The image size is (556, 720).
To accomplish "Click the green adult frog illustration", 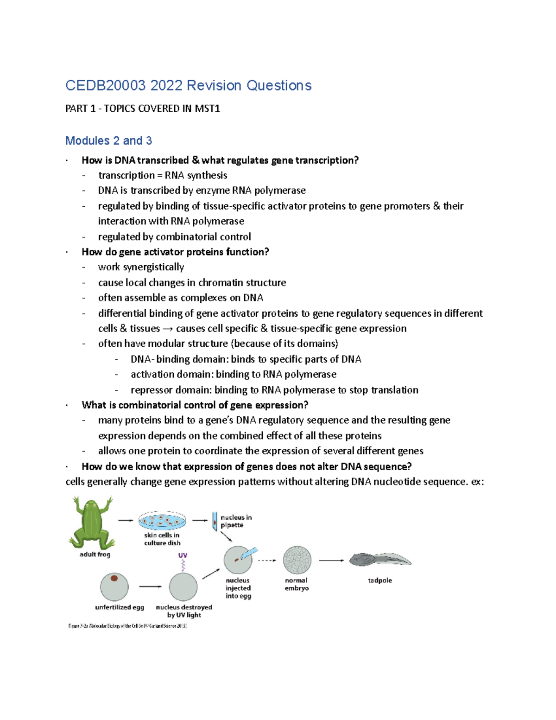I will point(92,522).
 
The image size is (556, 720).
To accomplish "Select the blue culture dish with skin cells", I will point(162,521).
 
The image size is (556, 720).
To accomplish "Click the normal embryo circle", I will point(297,560).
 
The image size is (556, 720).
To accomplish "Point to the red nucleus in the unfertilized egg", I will point(114,578).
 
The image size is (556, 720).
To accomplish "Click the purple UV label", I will point(183,555).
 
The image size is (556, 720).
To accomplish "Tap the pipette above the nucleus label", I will point(215,521).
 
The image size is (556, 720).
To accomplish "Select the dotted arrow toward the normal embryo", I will point(266,561).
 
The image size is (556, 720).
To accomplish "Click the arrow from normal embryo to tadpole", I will point(331,561).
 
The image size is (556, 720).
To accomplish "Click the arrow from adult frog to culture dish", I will point(126,521).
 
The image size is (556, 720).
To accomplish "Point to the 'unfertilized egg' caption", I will point(120,607).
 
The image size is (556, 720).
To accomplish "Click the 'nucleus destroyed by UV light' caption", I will point(184,611).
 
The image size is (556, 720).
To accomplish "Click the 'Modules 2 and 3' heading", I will point(108,140).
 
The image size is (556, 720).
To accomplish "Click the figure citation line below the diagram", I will point(127,626).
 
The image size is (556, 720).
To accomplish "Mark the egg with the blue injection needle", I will point(238,560).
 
